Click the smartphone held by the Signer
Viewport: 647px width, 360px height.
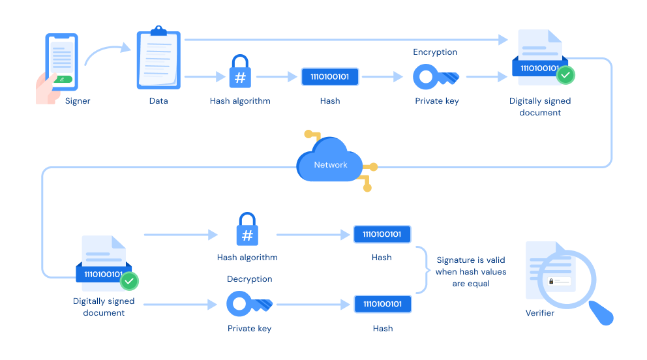click(x=62, y=62)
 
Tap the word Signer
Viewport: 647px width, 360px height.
click(x=78, y=101)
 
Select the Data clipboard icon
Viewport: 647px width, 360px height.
click(x=158, y=61)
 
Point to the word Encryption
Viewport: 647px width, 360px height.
click(x=435, y=52)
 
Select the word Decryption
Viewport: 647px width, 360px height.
click(x=249, y=278)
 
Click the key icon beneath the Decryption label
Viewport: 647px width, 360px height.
click(x=249, y=304)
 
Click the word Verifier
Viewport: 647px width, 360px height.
click(x=540, y=313)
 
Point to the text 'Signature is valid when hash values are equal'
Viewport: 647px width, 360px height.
click(x=470, y=271)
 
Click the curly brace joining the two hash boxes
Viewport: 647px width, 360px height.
click(x=423, y=270)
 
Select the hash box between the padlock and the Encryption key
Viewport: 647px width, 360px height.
click(x=329, y=77)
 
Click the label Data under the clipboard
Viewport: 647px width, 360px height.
click(x=158, y=101)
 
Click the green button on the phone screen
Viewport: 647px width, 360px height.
click(x=63, y=79)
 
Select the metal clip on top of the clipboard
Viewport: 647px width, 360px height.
click(x=158, y=31)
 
